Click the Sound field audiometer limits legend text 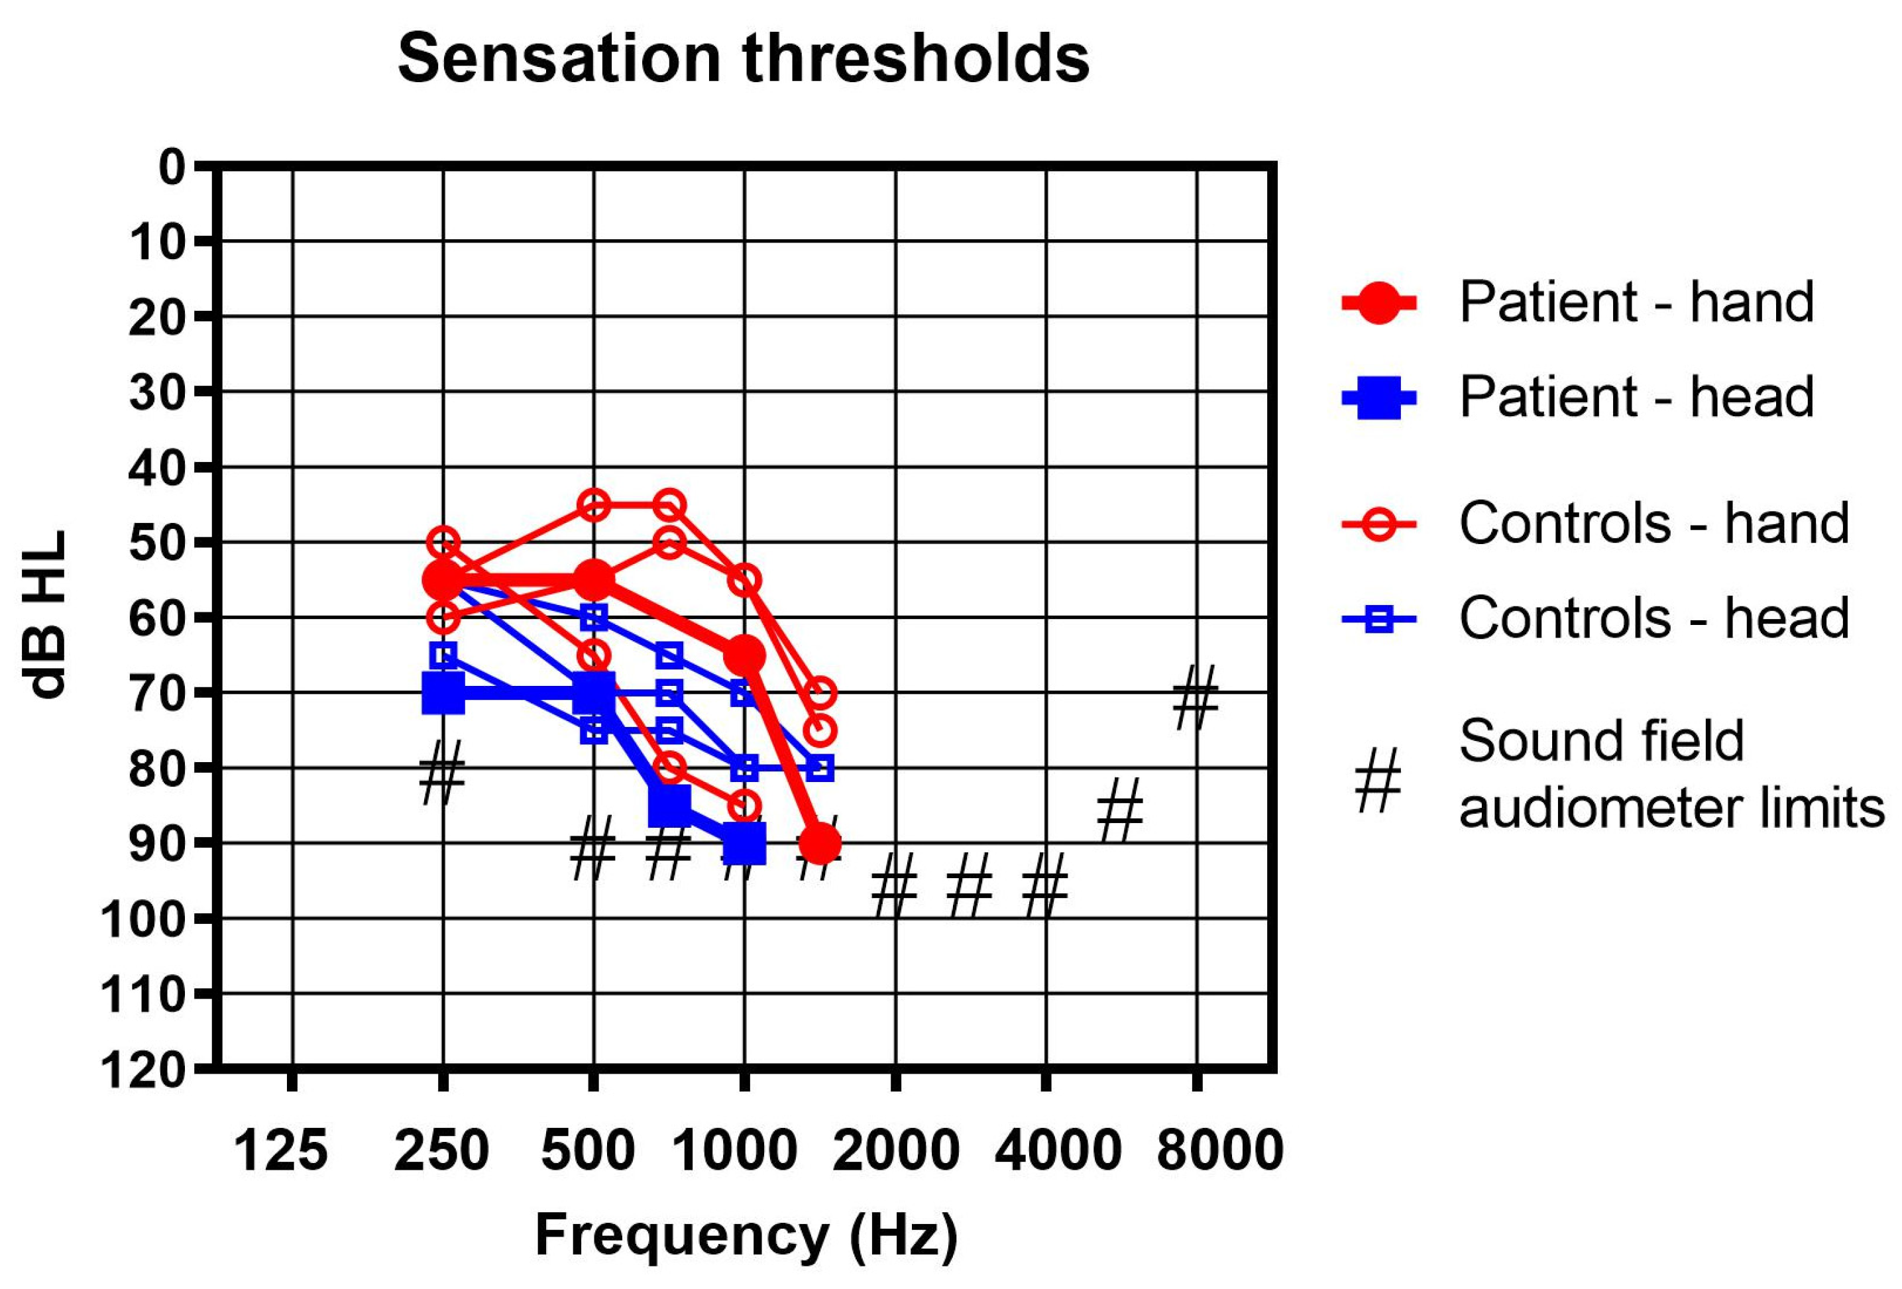1669,774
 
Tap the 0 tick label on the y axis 172,168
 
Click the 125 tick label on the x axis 281,1150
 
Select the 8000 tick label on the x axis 1219,1150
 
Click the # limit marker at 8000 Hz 1196,697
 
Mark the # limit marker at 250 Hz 442,773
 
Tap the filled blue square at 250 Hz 443,693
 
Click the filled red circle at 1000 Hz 745,655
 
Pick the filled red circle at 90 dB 819,844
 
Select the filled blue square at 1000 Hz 745,844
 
